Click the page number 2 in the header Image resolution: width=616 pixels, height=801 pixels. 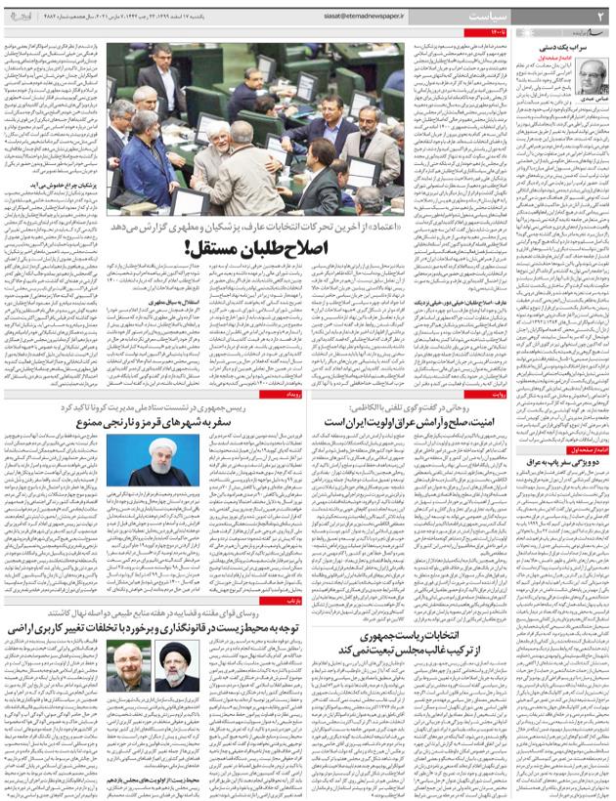pos(598,16)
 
